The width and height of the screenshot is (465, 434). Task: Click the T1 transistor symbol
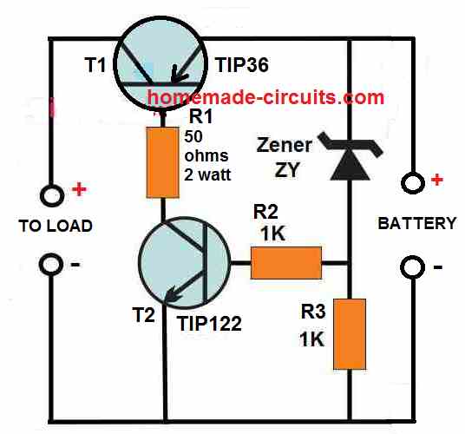(160, 65)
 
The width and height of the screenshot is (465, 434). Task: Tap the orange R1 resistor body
(163, 162)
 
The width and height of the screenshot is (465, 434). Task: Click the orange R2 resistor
(286, 263)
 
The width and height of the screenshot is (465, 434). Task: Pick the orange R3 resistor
(350, 334)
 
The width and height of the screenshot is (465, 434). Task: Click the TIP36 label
(242, 65)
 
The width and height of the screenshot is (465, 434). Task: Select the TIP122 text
(209, 324)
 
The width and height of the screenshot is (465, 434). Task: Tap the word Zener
(284, 145)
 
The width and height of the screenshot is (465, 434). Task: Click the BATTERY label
(417, 223)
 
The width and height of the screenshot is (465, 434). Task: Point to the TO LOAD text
(56, 226)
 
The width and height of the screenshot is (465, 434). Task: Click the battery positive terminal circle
(412, 182)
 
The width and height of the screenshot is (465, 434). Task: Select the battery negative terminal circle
(412, 266)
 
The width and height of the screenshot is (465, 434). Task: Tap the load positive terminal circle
(52, 195)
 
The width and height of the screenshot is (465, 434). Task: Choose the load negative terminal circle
(51, 265)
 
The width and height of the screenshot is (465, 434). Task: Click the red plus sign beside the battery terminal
(437, 180)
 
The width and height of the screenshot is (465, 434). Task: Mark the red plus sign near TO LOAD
(79, 189)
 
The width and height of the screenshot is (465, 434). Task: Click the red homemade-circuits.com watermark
(265, 97)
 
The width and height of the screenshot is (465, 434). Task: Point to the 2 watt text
(207, 174)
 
